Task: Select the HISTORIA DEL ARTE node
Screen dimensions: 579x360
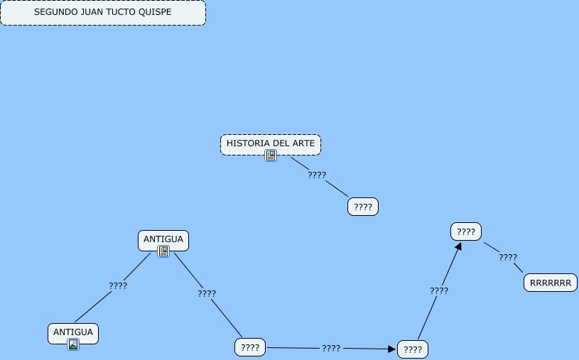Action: pyautogui.click(x=270, y=143)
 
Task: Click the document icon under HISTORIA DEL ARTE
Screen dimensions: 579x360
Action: pyautogui.click(x=271, y=156)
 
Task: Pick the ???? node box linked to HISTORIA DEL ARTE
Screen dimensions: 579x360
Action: pyautogui.click(x=363, y=207)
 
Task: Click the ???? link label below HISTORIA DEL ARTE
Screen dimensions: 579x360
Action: pyautogui.click(x=317, y=175)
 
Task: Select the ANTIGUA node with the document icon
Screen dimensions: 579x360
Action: pyautogui.click(x=163, y=239)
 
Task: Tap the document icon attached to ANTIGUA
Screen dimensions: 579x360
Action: pyautogui.click(x=163, y=251)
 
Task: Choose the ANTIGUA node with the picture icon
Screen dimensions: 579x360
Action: pyautogui.click(x=73, y=332)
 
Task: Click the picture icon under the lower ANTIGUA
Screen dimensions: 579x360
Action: pyautogui.click(x=73, y=344)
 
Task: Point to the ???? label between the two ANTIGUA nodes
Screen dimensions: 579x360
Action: pyautogui.click(x=118, y=286)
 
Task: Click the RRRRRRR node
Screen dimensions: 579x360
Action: pyautogui.click(x=551, y=283)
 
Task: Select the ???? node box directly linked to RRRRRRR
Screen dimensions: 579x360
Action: pyautogui.click(x=466, y=231)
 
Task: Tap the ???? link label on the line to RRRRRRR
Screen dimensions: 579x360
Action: pyautogui.click(x=508, y=258)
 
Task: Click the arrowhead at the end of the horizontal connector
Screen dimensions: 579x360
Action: pyautogui.click(x=391, y=349)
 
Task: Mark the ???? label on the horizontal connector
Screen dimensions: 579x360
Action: pyautogui.click(x=331, y=349)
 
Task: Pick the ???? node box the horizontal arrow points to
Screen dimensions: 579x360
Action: pyautogui.click(x=413, y=349)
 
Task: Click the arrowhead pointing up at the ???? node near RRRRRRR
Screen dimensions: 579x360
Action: pyautogui.click(x=459, y=246)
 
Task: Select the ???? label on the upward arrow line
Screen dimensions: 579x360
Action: pyautogui.click(x=439, y=290)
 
